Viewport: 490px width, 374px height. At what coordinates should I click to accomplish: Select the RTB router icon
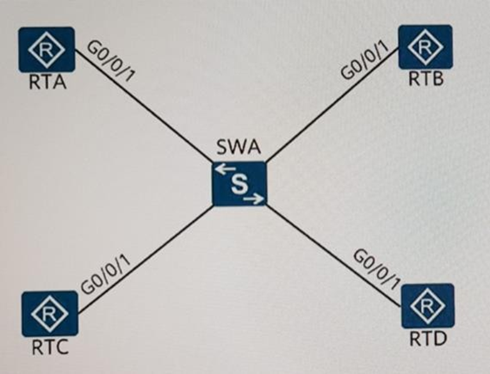[426, 47]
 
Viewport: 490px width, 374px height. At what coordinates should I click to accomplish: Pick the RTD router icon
[428, 306]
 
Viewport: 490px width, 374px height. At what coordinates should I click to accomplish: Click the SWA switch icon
[239, 183]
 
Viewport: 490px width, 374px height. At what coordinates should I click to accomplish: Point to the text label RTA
[48, 83]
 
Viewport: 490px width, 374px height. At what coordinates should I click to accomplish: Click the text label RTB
[426, 79]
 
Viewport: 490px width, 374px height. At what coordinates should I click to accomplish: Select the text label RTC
[49, 348]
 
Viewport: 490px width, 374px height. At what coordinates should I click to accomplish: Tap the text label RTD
[428, 340]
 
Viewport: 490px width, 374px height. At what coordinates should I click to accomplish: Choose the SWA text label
[238, 151]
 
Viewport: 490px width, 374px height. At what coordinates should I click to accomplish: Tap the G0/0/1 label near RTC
[107, 275]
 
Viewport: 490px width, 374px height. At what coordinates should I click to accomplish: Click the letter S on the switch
[239, 184]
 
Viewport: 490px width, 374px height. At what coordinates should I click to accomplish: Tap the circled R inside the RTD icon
[428, 306]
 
